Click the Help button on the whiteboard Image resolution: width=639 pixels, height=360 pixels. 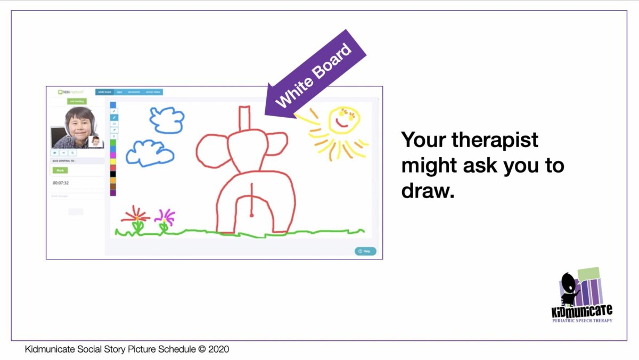[x=365, y=251]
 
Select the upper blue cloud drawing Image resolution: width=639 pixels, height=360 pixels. [x=167, y=119]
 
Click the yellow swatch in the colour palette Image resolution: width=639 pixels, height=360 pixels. [x=113, y=161]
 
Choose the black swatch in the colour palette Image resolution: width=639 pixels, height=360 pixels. [x=113, y=174]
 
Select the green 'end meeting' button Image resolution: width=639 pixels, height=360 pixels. [x=77, y=101]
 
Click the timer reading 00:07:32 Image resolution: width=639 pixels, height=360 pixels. [x=61, y=183]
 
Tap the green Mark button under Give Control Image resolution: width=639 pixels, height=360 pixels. [x=60, y=170]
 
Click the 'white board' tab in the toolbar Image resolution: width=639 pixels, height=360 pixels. [x=104, y=92]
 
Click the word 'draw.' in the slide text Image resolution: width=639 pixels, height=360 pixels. [x=428, y=190]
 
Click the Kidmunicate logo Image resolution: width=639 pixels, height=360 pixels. [x=581, y=296]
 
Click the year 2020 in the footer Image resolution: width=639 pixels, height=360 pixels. [x=218, y=350]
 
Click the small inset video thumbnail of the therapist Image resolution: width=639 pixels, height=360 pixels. [x=95, y=141]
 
